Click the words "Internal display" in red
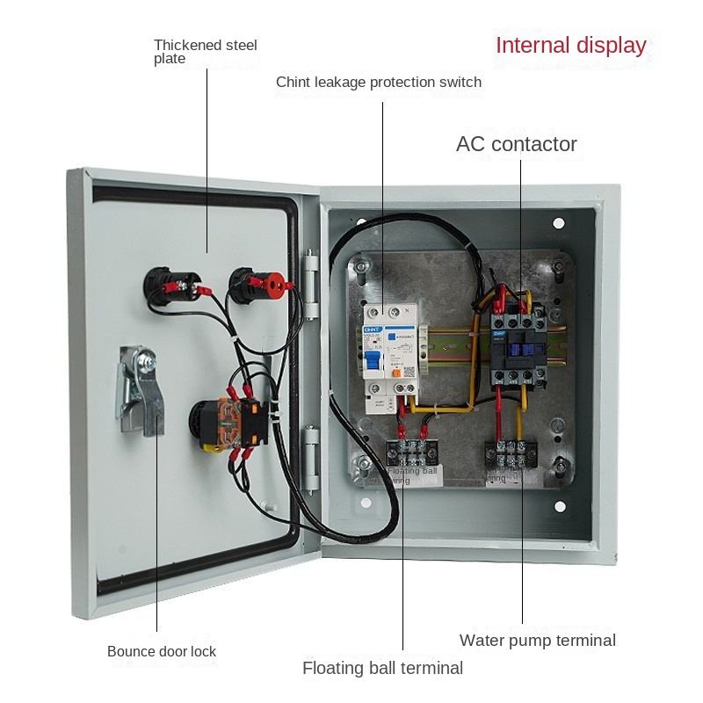click(570, 46)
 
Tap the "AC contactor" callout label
click(516, 144)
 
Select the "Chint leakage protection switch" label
click(379, 83)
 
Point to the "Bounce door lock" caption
click(162, 651)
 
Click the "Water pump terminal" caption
click(537, 640)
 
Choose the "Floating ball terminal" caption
click(382, 668)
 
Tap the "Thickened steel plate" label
click(205, 51)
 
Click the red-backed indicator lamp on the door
click(259, 284)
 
